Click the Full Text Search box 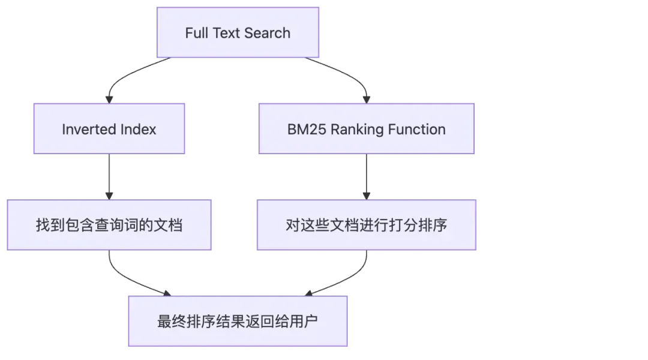point(238,33)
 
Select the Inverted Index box point(109,129)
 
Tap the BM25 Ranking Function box point(366,129)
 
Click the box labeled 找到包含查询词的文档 point(109,226)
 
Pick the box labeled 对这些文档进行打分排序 point(366,226)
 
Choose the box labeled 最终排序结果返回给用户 point(238,321)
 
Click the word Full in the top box point(196,33)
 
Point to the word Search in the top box point(268,33)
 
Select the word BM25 point(304,129)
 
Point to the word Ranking point(355,129)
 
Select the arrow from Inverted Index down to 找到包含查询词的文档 point(109,177)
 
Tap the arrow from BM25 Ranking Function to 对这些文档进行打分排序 point(366,177)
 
